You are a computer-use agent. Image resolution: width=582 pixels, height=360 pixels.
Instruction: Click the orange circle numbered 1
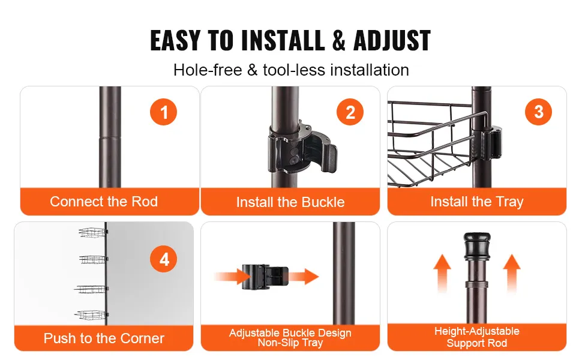[163, 112]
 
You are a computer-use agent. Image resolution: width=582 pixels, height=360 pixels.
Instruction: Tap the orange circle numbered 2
[350, 112]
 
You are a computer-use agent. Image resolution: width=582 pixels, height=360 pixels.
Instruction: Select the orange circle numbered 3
[538, 112]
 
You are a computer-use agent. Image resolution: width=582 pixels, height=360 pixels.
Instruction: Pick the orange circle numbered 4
[163, 259]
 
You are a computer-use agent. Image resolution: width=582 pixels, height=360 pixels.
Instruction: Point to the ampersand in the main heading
[339, 40]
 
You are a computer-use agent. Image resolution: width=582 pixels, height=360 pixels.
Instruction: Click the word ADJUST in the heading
[392, 40]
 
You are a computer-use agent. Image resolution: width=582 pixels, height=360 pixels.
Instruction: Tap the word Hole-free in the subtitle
[208, 70]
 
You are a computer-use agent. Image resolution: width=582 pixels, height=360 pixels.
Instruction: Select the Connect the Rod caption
[104, 202]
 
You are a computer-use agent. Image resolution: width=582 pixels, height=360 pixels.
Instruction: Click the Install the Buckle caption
[290, 202]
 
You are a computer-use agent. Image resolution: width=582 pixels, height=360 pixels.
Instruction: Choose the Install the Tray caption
[477, 202]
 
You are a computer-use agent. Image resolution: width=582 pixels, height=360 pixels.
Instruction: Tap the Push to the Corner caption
[104, 338]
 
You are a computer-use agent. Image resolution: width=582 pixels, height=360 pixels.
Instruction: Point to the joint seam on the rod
[110, 138]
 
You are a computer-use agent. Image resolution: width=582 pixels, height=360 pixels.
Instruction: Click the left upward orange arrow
[442, 274]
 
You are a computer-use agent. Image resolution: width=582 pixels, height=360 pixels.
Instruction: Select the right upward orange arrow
[512, 274]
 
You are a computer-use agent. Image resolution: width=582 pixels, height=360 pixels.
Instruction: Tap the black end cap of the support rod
[477, 245]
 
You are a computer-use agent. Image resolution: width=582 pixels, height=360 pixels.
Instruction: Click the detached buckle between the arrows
[265, 277]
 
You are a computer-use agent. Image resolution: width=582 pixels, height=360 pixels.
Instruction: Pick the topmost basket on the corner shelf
[93, 233]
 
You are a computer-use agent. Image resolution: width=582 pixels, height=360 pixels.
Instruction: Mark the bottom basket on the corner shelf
[91, 315]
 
